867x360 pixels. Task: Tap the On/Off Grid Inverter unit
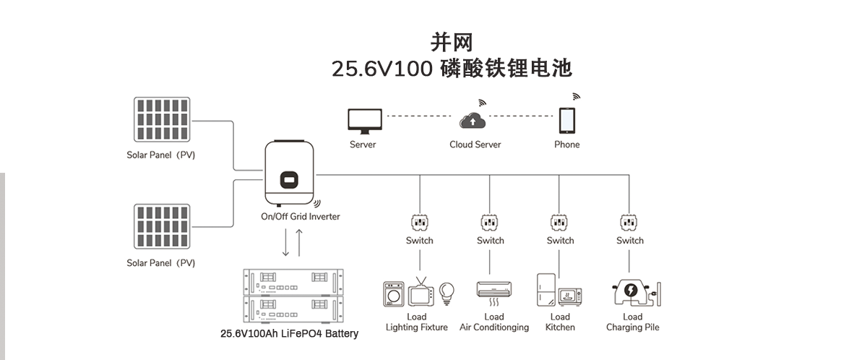point(290,173)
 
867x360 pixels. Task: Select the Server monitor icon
point(362,121)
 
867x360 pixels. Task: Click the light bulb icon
point(447,292)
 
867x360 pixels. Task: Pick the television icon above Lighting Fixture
point(420,293)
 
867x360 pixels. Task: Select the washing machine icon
point(394,295)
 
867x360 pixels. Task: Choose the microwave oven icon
point(570,296)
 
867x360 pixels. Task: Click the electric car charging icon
point(631,292)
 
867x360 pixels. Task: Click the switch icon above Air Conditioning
point(490,221)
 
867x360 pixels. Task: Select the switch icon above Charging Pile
point(630,221)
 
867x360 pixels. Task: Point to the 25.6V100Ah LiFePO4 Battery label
point(289,334)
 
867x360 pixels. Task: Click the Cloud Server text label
point(475,145)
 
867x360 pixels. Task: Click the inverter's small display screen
point(289,178)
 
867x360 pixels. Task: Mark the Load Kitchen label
point(560,322)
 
